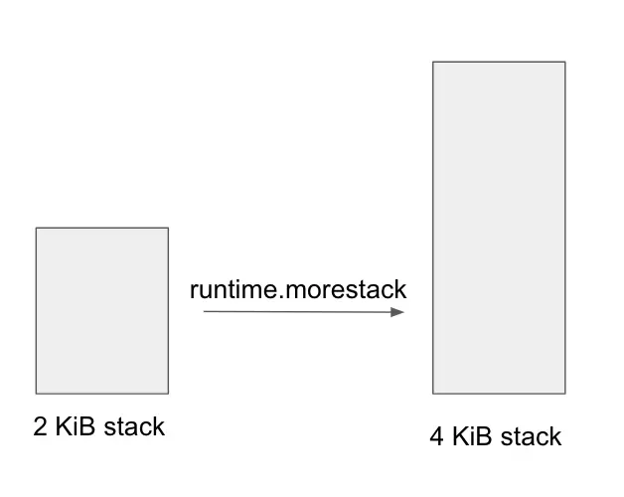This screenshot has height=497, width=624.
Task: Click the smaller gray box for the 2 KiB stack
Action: [x=102, y=310]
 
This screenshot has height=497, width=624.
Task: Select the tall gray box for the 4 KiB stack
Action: [x=499, y=228]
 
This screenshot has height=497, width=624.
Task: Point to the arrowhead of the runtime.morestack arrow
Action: [x=400, y=312]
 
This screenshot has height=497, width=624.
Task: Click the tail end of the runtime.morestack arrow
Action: [x=205, y=312]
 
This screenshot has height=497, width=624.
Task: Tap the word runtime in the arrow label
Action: [x=231, y=290]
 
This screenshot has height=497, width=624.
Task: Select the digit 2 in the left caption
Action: [x=41, y=427]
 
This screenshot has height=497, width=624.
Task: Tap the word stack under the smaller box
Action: [x=132, y=427]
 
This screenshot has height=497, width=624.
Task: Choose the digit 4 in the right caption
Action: [x=437, y=436]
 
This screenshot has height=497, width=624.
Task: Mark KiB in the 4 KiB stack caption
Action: [x=471, y=436]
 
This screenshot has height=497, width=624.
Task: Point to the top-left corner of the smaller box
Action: [x=37, y=229]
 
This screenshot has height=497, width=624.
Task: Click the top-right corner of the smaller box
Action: [x=168, y=229]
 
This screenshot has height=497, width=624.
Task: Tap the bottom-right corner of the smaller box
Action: [x=168, y=393]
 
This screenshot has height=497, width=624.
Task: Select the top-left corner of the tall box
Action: [x=433, y=63]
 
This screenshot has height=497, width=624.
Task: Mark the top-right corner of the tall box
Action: [x=564, y=63]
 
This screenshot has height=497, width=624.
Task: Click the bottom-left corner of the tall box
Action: [x=433, y=394]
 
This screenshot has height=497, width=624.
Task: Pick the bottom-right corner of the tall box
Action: [x=564, y=394]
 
